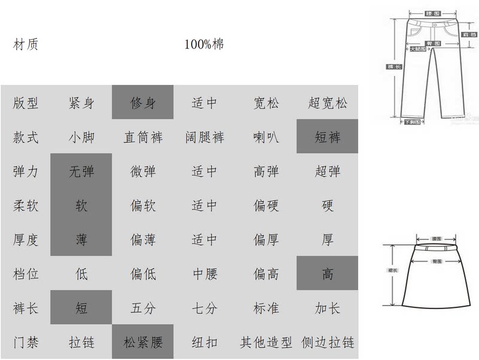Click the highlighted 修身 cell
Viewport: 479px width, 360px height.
143,102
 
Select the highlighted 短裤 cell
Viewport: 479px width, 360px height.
327,137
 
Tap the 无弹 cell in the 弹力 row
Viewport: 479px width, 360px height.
81,171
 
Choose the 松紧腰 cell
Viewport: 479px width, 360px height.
143,343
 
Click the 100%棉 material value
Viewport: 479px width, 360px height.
204,44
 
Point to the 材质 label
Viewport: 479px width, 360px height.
25,44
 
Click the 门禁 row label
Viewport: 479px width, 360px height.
25,343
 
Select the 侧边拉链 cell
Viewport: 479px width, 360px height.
328,343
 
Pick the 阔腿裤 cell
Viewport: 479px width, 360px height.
204,137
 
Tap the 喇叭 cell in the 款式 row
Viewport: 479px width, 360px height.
266,137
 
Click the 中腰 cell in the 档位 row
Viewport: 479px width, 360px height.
204,274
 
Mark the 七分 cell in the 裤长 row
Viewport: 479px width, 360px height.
204,308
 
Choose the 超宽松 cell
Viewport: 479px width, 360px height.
327,102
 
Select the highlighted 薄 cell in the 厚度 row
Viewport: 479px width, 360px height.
81,240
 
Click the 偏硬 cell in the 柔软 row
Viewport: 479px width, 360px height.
266,205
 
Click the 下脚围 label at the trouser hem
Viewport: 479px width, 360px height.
413,122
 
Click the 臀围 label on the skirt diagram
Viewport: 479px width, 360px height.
437,261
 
